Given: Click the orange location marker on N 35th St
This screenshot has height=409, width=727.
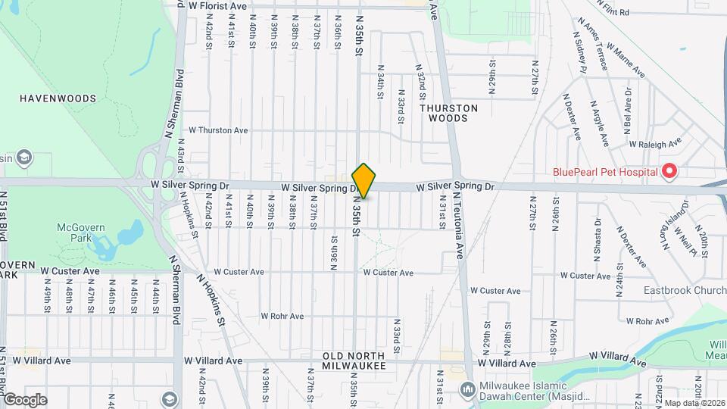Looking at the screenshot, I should coord(363,181).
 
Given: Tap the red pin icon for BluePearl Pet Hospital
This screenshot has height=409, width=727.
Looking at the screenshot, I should coord(669,172).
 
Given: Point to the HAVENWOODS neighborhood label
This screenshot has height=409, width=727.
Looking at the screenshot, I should coord(58,98).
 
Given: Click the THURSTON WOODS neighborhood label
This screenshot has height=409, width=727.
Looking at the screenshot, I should coord(448,113).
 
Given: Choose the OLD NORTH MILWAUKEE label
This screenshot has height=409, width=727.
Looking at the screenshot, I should coord(354,361).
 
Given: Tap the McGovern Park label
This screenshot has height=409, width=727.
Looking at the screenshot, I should coord(73,233).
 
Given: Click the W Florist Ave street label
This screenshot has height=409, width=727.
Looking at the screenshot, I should coord(217,6).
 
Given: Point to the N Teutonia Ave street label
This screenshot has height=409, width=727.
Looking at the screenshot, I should coord(459,226).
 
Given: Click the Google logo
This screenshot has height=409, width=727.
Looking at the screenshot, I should coord(25,399).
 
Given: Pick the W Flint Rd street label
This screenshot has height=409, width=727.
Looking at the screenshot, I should coord(613,12).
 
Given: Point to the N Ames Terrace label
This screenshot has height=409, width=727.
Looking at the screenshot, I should coord(593,44).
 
